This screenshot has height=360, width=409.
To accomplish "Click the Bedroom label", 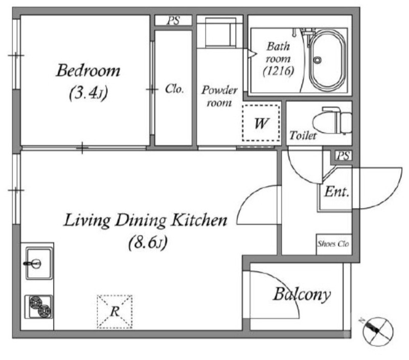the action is pos(88,71).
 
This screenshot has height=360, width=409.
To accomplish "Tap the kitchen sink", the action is pos(39,263).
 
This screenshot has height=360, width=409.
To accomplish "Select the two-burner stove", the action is pos(39,307).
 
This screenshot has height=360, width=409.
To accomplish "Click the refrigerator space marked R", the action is pos(115,311).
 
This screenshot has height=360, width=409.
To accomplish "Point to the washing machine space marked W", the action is pos(261,123).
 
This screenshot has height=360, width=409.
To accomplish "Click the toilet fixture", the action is pos(332,121).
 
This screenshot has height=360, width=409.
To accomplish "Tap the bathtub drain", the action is pos(317,60).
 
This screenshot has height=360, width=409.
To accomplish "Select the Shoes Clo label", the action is pos(333,244).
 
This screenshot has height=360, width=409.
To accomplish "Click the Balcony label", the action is pos(302,294).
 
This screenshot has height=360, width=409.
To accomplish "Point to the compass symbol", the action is pos(378,331).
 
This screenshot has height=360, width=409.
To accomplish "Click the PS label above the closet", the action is pos(173,20).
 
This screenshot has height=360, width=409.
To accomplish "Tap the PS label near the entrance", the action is pos(343,156).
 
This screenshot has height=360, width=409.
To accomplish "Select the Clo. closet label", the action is pos(174,89).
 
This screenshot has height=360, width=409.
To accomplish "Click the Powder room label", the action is pos(219,96).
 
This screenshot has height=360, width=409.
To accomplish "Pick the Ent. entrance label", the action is pos(337,192).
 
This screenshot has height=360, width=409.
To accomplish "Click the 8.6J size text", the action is pos(148,242).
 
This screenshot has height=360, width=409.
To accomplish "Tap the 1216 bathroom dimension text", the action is pos(278,71).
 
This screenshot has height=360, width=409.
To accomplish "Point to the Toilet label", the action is pos(303,136).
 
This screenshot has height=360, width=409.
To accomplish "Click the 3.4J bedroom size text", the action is pos(88,93).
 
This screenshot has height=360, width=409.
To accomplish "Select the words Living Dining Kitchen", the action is pos(146,221).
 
